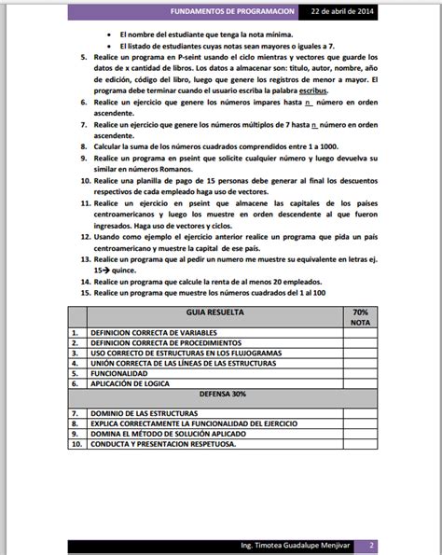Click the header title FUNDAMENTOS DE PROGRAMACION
(x=237, y=11)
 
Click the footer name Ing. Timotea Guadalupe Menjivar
(x=283, y=544)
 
